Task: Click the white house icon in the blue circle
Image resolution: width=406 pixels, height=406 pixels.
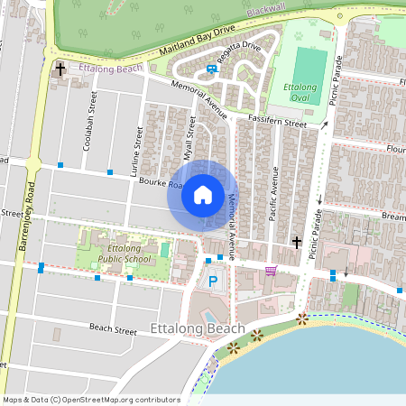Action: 203,194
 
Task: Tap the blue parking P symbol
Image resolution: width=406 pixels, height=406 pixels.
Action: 214,281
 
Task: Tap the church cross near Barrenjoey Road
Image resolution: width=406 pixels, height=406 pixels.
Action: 60,69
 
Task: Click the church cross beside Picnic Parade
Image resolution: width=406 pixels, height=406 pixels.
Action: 296,242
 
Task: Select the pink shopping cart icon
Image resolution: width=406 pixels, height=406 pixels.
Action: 271,271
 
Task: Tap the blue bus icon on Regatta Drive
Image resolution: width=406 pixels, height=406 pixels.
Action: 211,67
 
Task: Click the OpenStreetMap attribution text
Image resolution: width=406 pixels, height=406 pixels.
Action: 90,400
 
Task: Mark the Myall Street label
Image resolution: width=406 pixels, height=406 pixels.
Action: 189,138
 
